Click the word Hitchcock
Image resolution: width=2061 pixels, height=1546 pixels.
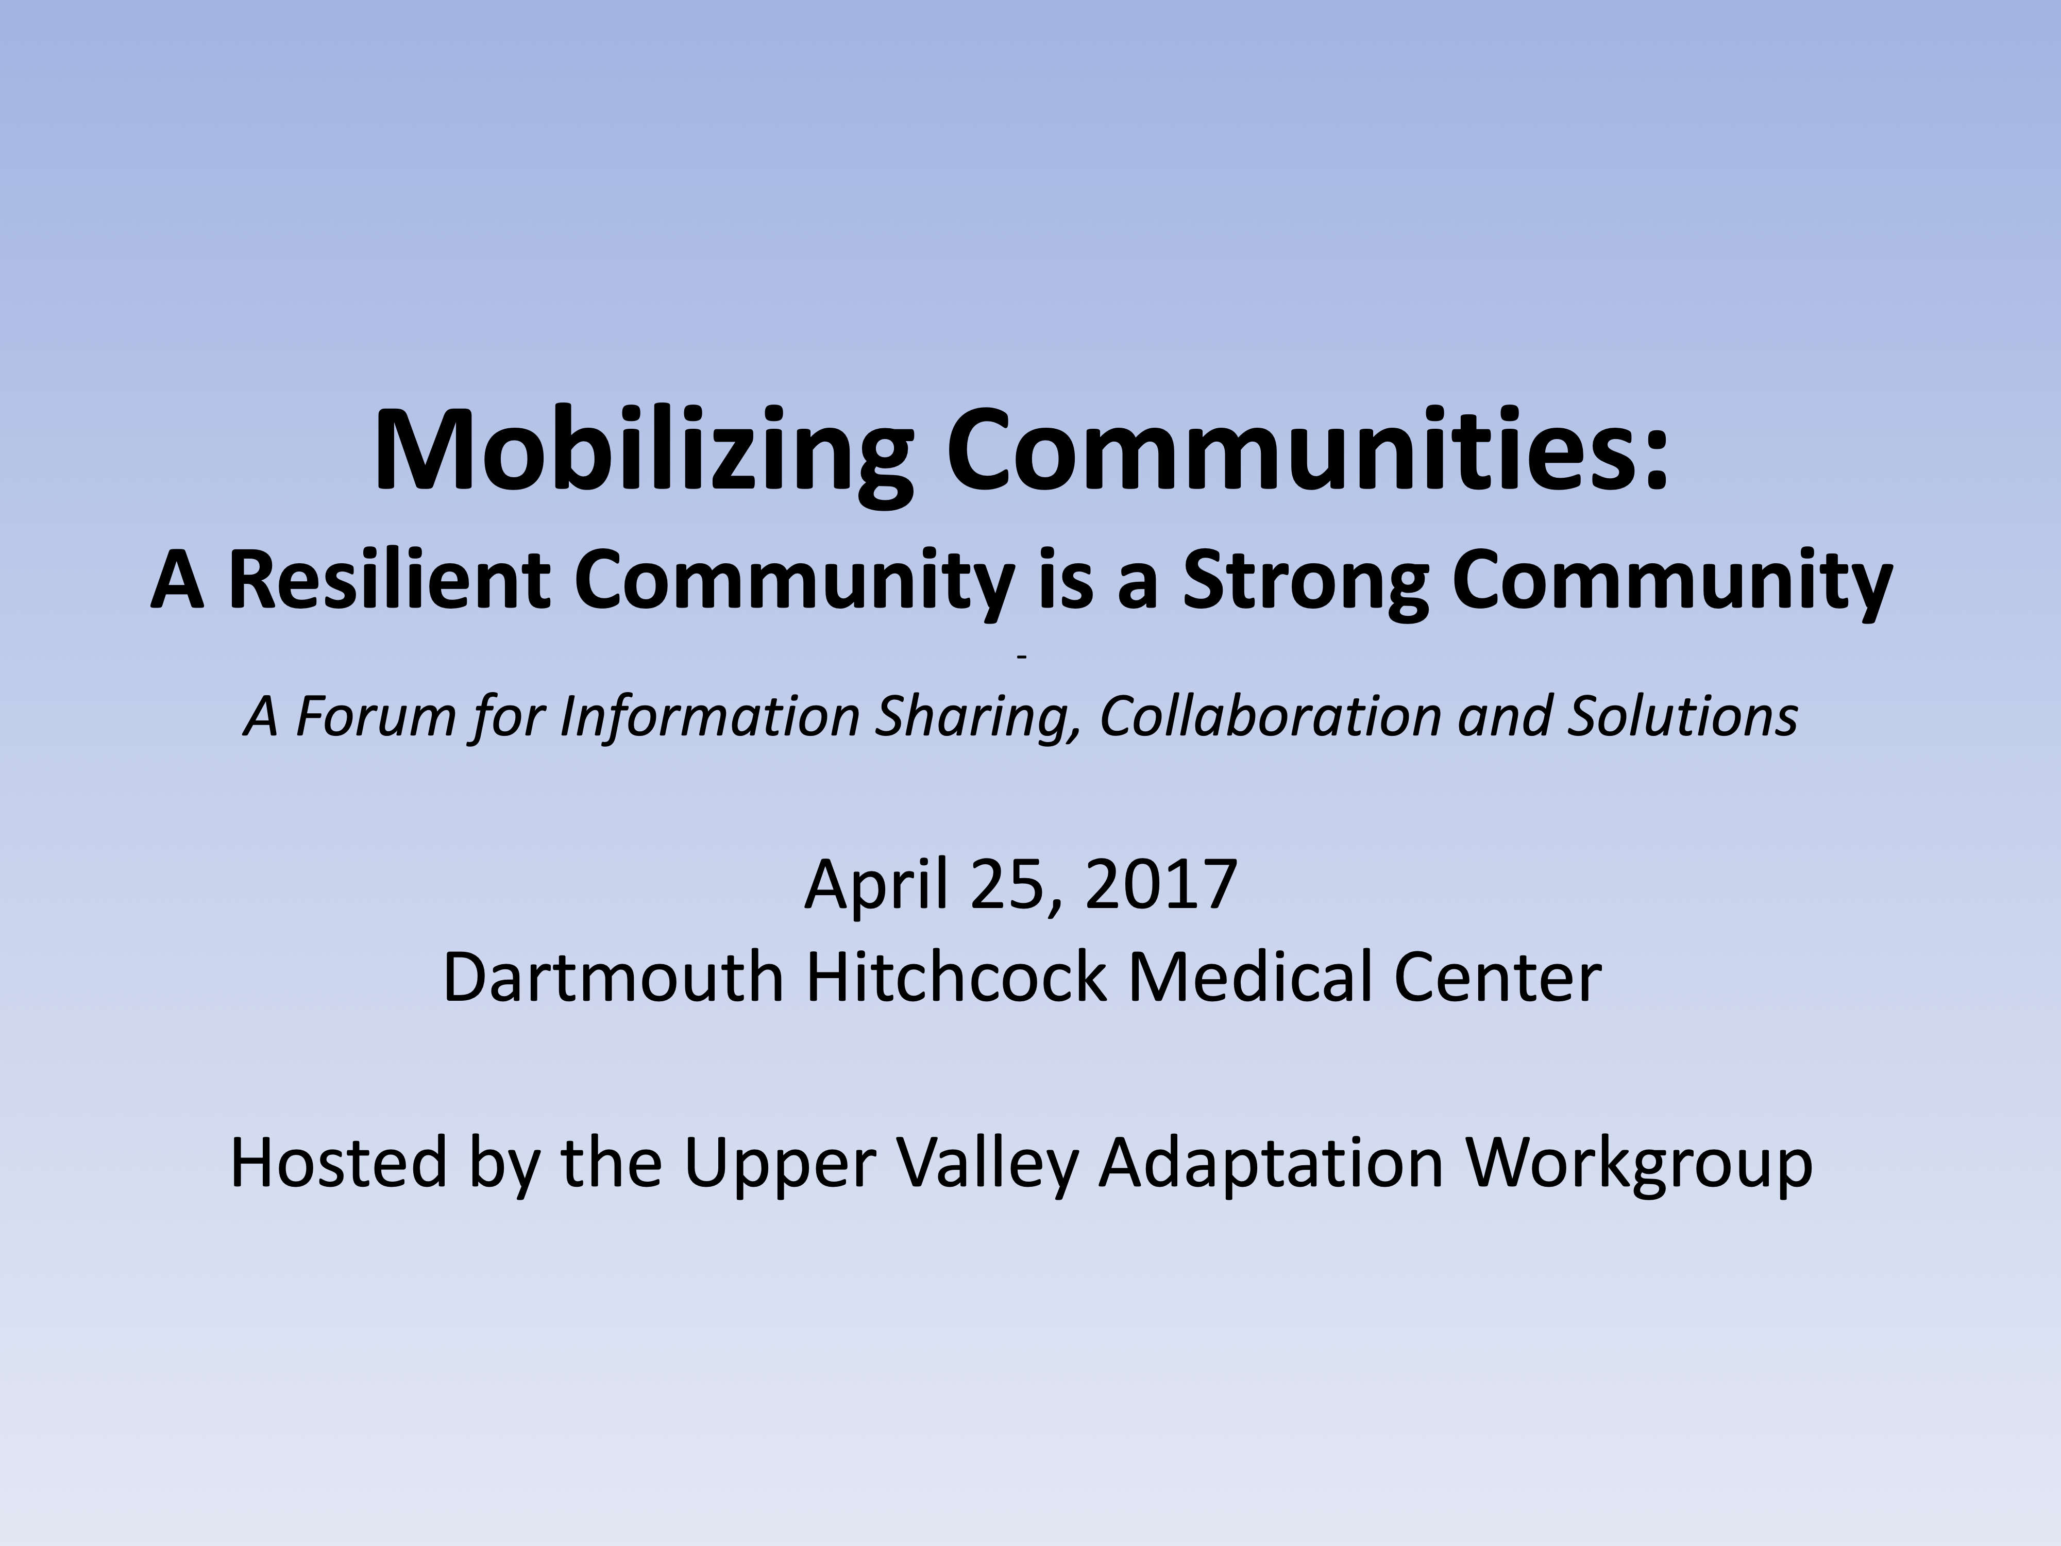pos(955,977)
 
